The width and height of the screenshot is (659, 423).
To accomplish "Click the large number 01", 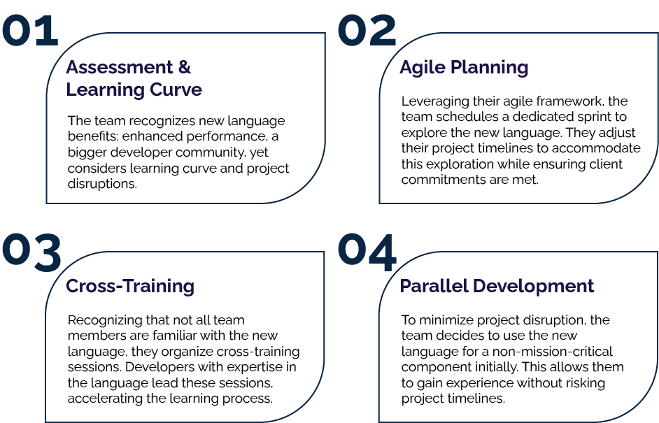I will (29, 31).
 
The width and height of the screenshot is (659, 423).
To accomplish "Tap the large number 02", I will (367, 31).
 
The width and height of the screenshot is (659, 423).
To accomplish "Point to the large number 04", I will (368, 252).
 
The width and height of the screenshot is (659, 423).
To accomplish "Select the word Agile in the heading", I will (422, 68).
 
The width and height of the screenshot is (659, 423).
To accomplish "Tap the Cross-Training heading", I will (130, 286).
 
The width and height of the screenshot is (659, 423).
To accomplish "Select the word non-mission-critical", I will (553, 352).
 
